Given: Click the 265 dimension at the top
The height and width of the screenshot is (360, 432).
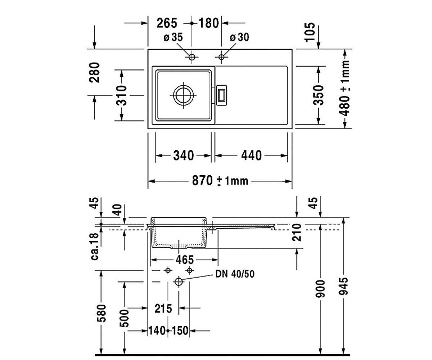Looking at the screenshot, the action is click(167, 23).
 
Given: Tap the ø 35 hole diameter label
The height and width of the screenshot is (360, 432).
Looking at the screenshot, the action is click(173, 37).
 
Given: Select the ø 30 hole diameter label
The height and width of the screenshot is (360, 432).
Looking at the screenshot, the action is click(239, 37).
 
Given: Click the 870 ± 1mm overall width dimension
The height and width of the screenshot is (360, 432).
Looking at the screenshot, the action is click(220, 181).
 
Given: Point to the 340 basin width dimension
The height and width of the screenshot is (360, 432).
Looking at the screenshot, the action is click(184, 156).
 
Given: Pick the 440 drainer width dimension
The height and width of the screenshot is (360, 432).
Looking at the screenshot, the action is click(251, 156).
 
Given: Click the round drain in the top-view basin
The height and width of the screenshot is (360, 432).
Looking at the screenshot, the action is click(184, 95).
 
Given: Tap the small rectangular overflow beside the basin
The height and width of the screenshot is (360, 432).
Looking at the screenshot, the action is click(221, 95).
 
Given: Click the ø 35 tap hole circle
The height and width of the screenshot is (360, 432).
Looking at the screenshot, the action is click(192, 57).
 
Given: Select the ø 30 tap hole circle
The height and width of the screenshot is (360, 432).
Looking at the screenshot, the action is click(221, 57).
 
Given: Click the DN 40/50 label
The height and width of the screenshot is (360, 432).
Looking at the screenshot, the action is click(235, 274).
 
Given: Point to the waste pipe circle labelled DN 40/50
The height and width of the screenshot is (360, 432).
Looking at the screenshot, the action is click(179, 282).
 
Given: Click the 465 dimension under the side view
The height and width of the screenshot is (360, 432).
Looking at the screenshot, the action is click(185, 260).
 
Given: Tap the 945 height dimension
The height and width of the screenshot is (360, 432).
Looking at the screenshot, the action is click(344, 286).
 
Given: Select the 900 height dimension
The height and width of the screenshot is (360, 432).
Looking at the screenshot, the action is click(320, 289).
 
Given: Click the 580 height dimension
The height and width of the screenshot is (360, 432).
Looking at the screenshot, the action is click(102, 313).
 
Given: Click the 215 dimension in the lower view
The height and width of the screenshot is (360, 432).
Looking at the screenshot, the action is click(163, 309).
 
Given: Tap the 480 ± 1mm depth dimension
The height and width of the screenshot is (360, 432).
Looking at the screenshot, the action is click(344, 88).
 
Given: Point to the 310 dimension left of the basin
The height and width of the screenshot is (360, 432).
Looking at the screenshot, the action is click(121, 95).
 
